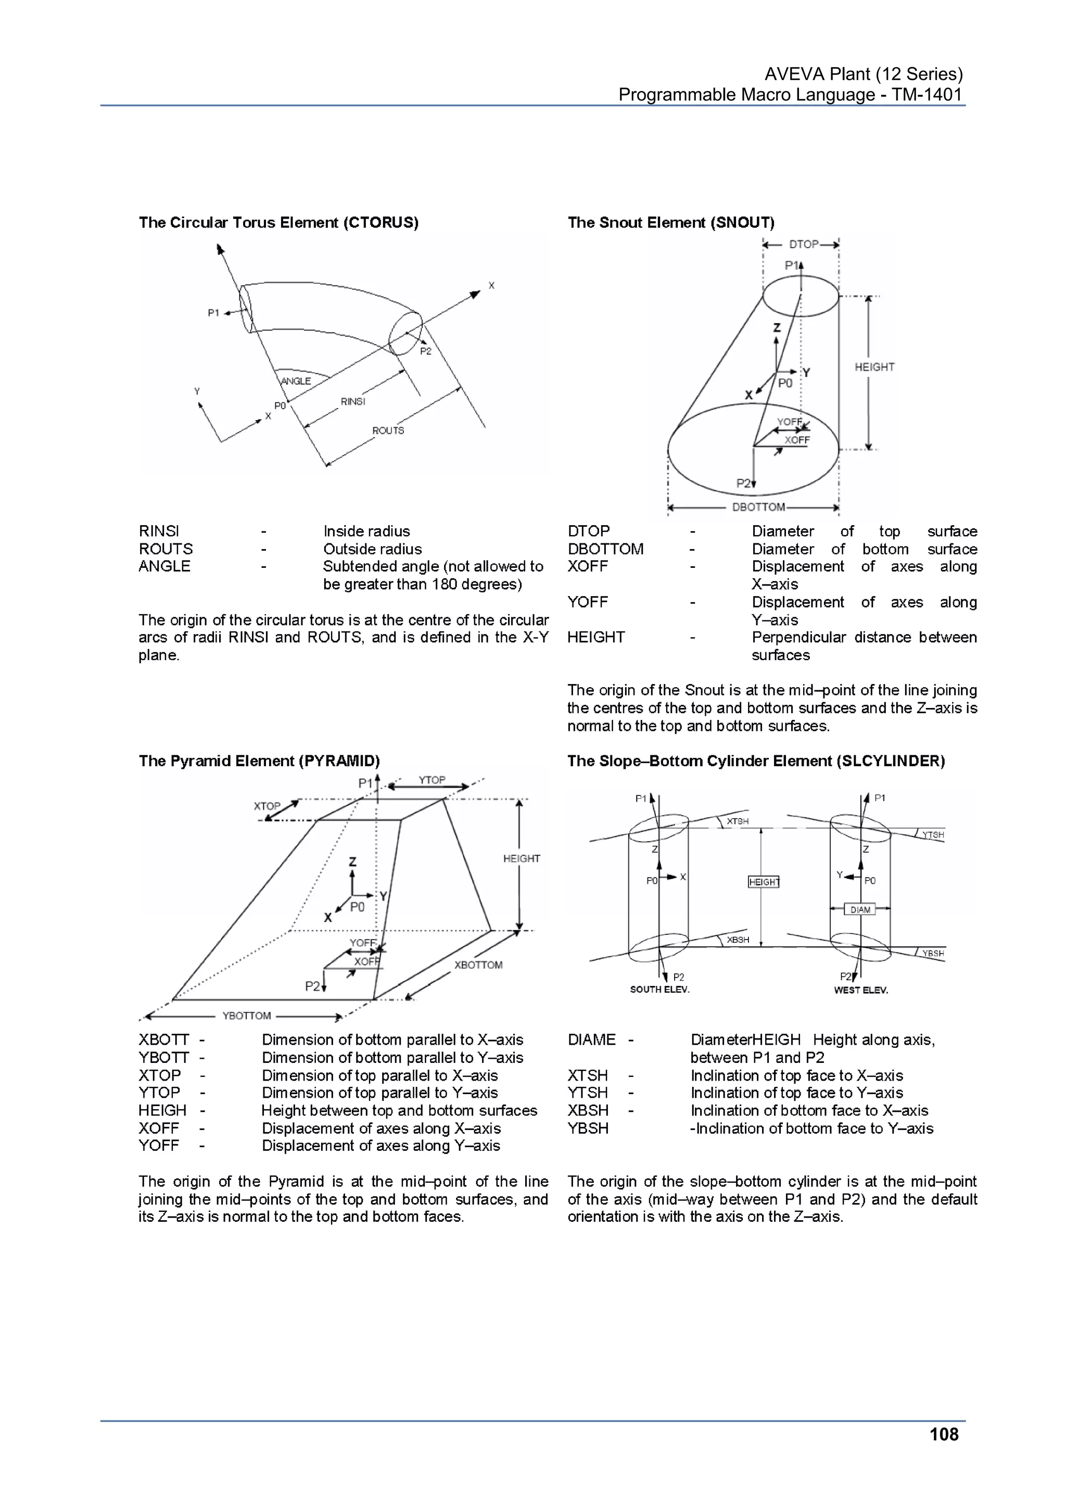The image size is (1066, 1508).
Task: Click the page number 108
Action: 943,1435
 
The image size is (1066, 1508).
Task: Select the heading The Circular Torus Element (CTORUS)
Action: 278,223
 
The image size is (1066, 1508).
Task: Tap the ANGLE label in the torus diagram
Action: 296,381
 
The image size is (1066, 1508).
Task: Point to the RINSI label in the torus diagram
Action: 353,401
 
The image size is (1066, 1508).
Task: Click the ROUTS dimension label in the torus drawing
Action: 388,430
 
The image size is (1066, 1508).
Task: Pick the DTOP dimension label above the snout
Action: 803,244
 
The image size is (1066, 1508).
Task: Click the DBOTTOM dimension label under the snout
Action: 758,507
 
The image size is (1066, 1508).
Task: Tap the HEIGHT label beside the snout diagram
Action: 874,367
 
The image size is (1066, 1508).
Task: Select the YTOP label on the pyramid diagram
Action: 432,780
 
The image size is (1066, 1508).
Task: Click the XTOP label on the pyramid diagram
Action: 266,806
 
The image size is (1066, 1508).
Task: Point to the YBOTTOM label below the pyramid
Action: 246,1016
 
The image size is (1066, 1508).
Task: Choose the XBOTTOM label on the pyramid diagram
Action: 478,965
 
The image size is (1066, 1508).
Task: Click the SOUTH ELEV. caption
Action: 659,990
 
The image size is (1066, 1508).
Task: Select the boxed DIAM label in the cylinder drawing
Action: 860,910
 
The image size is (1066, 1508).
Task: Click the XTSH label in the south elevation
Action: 738,821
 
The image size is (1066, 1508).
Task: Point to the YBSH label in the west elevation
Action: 933,953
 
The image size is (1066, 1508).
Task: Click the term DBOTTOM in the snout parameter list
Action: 605,549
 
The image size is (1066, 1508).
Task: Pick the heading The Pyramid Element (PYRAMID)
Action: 259,761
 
